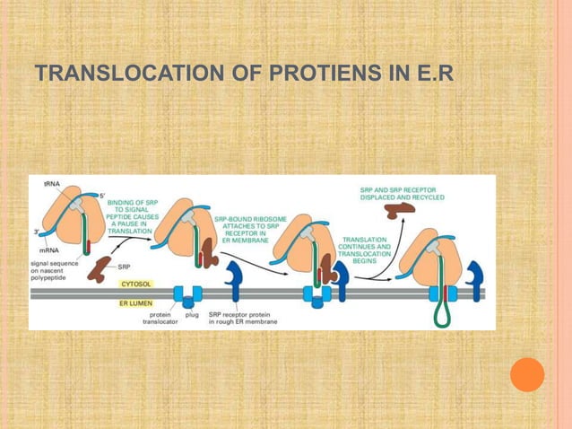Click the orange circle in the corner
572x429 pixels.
coord(527,374)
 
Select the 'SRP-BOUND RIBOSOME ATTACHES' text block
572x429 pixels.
coord(244,229)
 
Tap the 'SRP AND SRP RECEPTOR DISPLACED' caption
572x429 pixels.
coord(396,193)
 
